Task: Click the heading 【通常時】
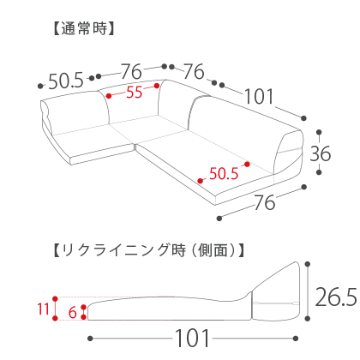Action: click(x=84, y=28)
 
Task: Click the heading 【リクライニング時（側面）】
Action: click(x=149, y=250)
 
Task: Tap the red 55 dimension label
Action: click(x=135, y=93)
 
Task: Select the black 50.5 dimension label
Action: click(x=66, y=81)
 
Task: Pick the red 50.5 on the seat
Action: click(x=224, y=173)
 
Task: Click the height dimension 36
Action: click(x=321, y=153)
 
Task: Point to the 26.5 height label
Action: click(x=336, y=297)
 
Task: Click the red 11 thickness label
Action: click(x=44, y=309)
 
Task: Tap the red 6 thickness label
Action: click(x=73, y=312)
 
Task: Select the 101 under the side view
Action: click(x=192, y=339)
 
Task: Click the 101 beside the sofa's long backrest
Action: click(x=259, y=96)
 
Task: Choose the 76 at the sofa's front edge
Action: click(x=265, y=202)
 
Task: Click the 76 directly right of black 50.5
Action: click(x=131, y=71)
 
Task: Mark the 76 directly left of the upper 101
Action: click(x=194, y=71)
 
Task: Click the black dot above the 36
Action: click(x=320, y=132)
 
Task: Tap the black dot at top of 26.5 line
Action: click(x=308, y=264)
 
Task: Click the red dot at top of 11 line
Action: click(x=55, y=299)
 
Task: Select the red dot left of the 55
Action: click(x=109, y=96)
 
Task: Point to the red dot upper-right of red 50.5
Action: click(x=247, y=165)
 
